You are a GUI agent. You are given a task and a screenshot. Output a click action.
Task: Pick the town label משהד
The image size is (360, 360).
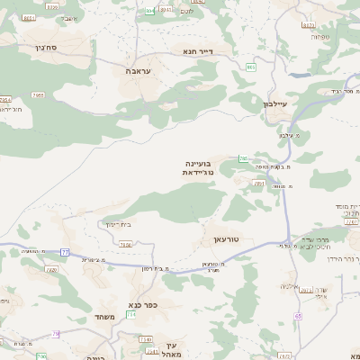click(104, 318)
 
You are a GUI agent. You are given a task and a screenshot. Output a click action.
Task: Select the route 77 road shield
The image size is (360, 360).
click(65, 252)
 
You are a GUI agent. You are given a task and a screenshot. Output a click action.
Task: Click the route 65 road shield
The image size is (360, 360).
click(298, 316)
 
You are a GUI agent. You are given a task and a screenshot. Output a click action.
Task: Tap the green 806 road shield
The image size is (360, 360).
click(251, 67)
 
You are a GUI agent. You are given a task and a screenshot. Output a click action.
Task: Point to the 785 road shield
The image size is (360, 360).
click(243, 158)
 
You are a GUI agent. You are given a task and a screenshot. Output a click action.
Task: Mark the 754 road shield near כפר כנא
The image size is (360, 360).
click(131, 314)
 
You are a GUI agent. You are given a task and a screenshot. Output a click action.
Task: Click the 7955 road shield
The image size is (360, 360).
click(38, 94)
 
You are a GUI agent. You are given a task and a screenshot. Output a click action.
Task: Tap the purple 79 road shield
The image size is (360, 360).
click(56, 334)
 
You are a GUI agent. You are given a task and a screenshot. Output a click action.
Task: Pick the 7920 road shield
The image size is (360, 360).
click(51, 269)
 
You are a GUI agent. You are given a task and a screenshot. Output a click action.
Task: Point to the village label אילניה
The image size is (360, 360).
click(290, 286)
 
